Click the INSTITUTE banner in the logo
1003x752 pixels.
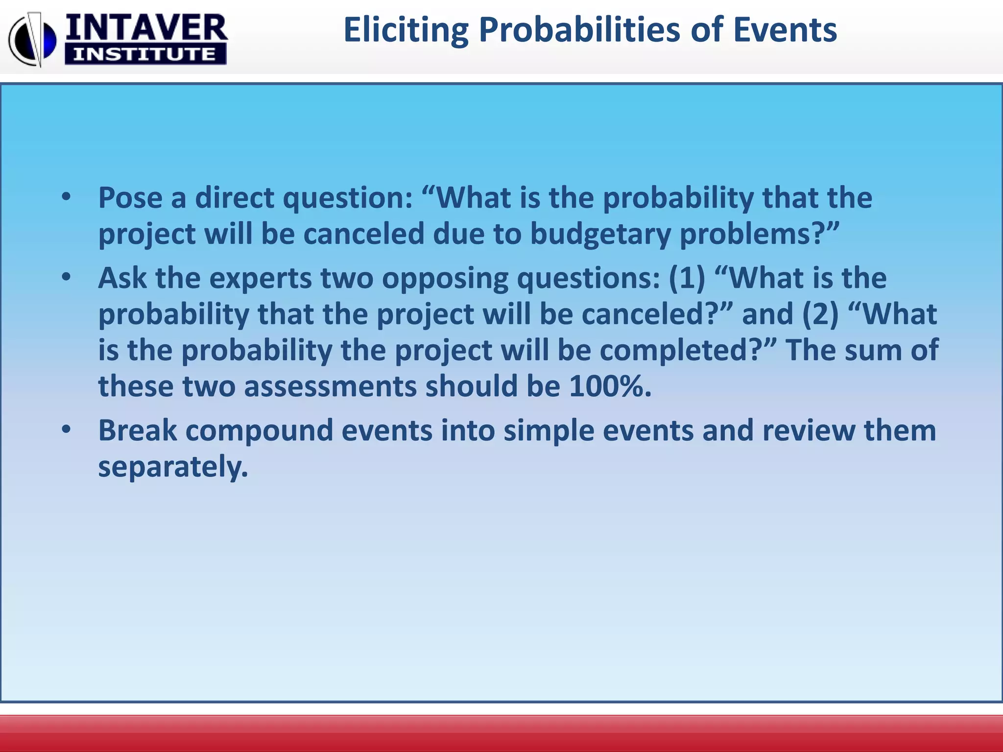pyautogui.click(x=145, y=54)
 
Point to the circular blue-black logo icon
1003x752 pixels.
pyautogui.click(x=33, y=39)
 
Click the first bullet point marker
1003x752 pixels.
pyautogui.click(x=67, y=198)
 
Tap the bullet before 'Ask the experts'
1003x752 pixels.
pyautogui.click(x=67, y=278)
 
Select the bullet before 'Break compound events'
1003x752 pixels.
pyautogui.click(x=67, y=430)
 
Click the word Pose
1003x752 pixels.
pyautogui.click(x=130, y=198)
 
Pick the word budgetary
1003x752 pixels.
pyautogui.click(x=600, y=234)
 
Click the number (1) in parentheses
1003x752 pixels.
pyautogui.click(x=687, y=278)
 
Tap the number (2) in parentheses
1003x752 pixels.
pyautogui.click(x=820, y=314)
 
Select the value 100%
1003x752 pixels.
pyautogui.click(x=610, y=386)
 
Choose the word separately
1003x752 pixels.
pyautogui.click(x=173, y=466)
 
